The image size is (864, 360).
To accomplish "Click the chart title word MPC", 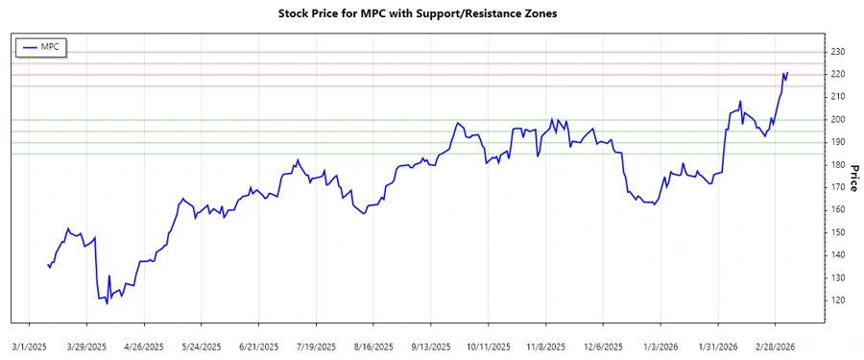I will (x=372, y=14).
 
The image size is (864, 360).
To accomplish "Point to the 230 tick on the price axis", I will (x=838, y=52).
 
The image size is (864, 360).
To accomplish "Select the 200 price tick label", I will (x=838, y=120).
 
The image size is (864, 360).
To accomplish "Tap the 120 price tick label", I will (x=838, y=300).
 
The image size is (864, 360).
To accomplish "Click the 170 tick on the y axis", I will (x=838, y=187).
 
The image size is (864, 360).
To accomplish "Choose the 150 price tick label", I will (x=838, y=232).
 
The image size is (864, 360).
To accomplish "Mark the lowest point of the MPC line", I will (x=107, y=304).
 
